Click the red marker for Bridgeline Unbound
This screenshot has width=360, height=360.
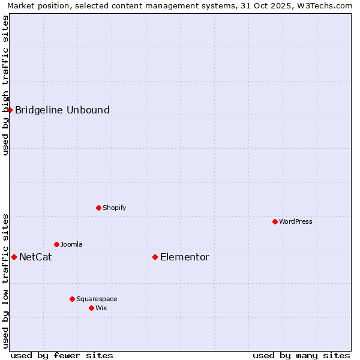pyautogui.click(x=10, y=110)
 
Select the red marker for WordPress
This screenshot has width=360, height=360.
pyautogui.click(x=275, y=221)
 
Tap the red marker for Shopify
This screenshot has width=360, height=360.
pyautogui.click(x=98, y=208)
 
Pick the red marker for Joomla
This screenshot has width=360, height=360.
pyautogui.click(x=56, y=244)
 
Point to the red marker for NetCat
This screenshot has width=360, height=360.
pyautogui.click(x=14, y=257)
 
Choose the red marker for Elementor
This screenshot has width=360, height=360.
pyautogui.click(x=155, y=257)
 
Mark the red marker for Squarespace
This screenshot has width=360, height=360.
pyautogui.click(x=72, y=299)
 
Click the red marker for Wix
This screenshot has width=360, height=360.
pyautogui.click(x=91, y=308)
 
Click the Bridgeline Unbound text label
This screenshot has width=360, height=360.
pyautogui.click(x=62, y=110)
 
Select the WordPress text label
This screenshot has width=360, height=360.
pyautogui.click(x=296, y=221)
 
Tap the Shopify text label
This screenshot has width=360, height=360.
pyautogui.click(x=114, y=208)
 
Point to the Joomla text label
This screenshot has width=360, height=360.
pyautogui.click(x=71, y=244)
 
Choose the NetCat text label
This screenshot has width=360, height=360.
pyautogui.click(x=35, y=257)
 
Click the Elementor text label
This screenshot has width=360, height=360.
pyautogui.click(x=185, y=257)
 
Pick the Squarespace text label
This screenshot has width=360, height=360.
pyautogui.click(x=97, y=299)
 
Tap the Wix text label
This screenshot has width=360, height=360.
pyautogui.click(x=101, y=308)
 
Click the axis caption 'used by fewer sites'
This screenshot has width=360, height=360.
pyautogui.click(x=62, y=355)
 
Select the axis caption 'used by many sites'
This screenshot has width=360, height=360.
pyautogui.click(x=301, y=355)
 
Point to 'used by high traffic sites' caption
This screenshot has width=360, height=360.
pyautogui.click(x=5, y=85)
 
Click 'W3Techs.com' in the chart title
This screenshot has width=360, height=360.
pyautogui.click(x=325, y=5)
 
